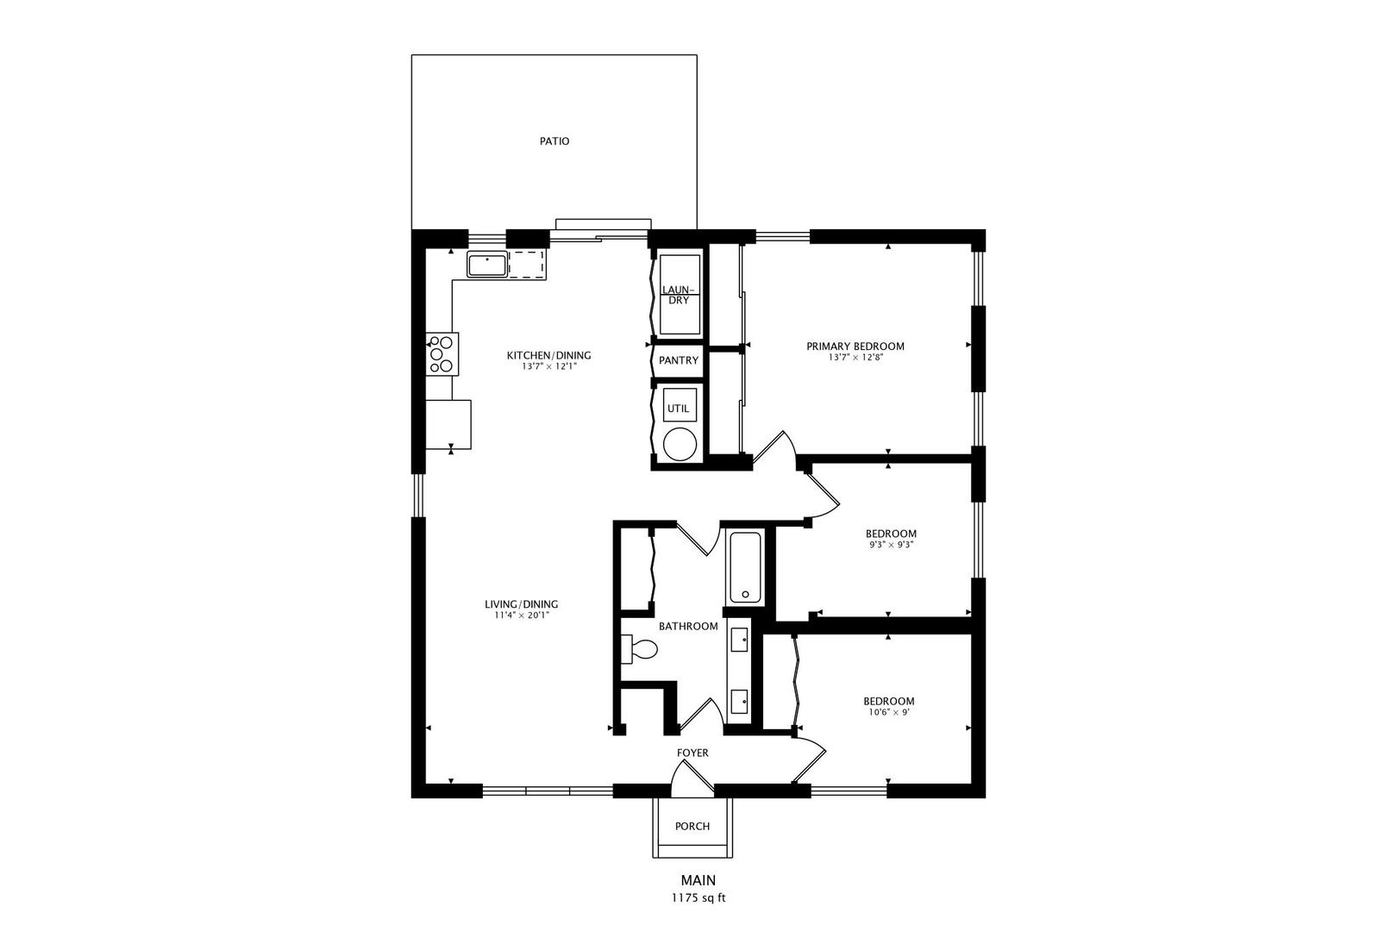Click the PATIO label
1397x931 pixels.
(x=554, y=141)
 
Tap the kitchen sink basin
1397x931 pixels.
(x=487, y=265)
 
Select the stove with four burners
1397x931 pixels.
(x=442, y=354)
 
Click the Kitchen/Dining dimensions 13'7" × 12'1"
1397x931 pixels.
(x=548, y=366)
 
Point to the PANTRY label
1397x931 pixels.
(x=679, y=360)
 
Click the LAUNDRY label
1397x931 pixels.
(x=679, y=295)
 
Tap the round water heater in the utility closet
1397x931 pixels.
(x=680, y=444)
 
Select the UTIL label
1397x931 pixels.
(x=679, y=409)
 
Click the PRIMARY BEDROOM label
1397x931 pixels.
(x=855, y=346)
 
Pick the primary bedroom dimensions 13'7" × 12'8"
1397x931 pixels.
(x=855, y=358)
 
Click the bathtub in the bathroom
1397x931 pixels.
(x=745, y=567)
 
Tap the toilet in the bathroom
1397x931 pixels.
(x=639, y=649)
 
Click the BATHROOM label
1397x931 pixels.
(x=688, y=626)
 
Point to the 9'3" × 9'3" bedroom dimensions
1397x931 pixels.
(x=891, y=545)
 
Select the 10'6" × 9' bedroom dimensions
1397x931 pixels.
(x=889, y=712)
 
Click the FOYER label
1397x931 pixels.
(x=692, y=753)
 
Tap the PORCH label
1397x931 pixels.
(x=692, y=826)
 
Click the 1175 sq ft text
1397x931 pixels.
(x=698, y=898)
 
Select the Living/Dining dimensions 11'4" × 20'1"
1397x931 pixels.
(x=522, y=615)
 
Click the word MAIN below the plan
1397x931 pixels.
(x=698, y=880)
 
